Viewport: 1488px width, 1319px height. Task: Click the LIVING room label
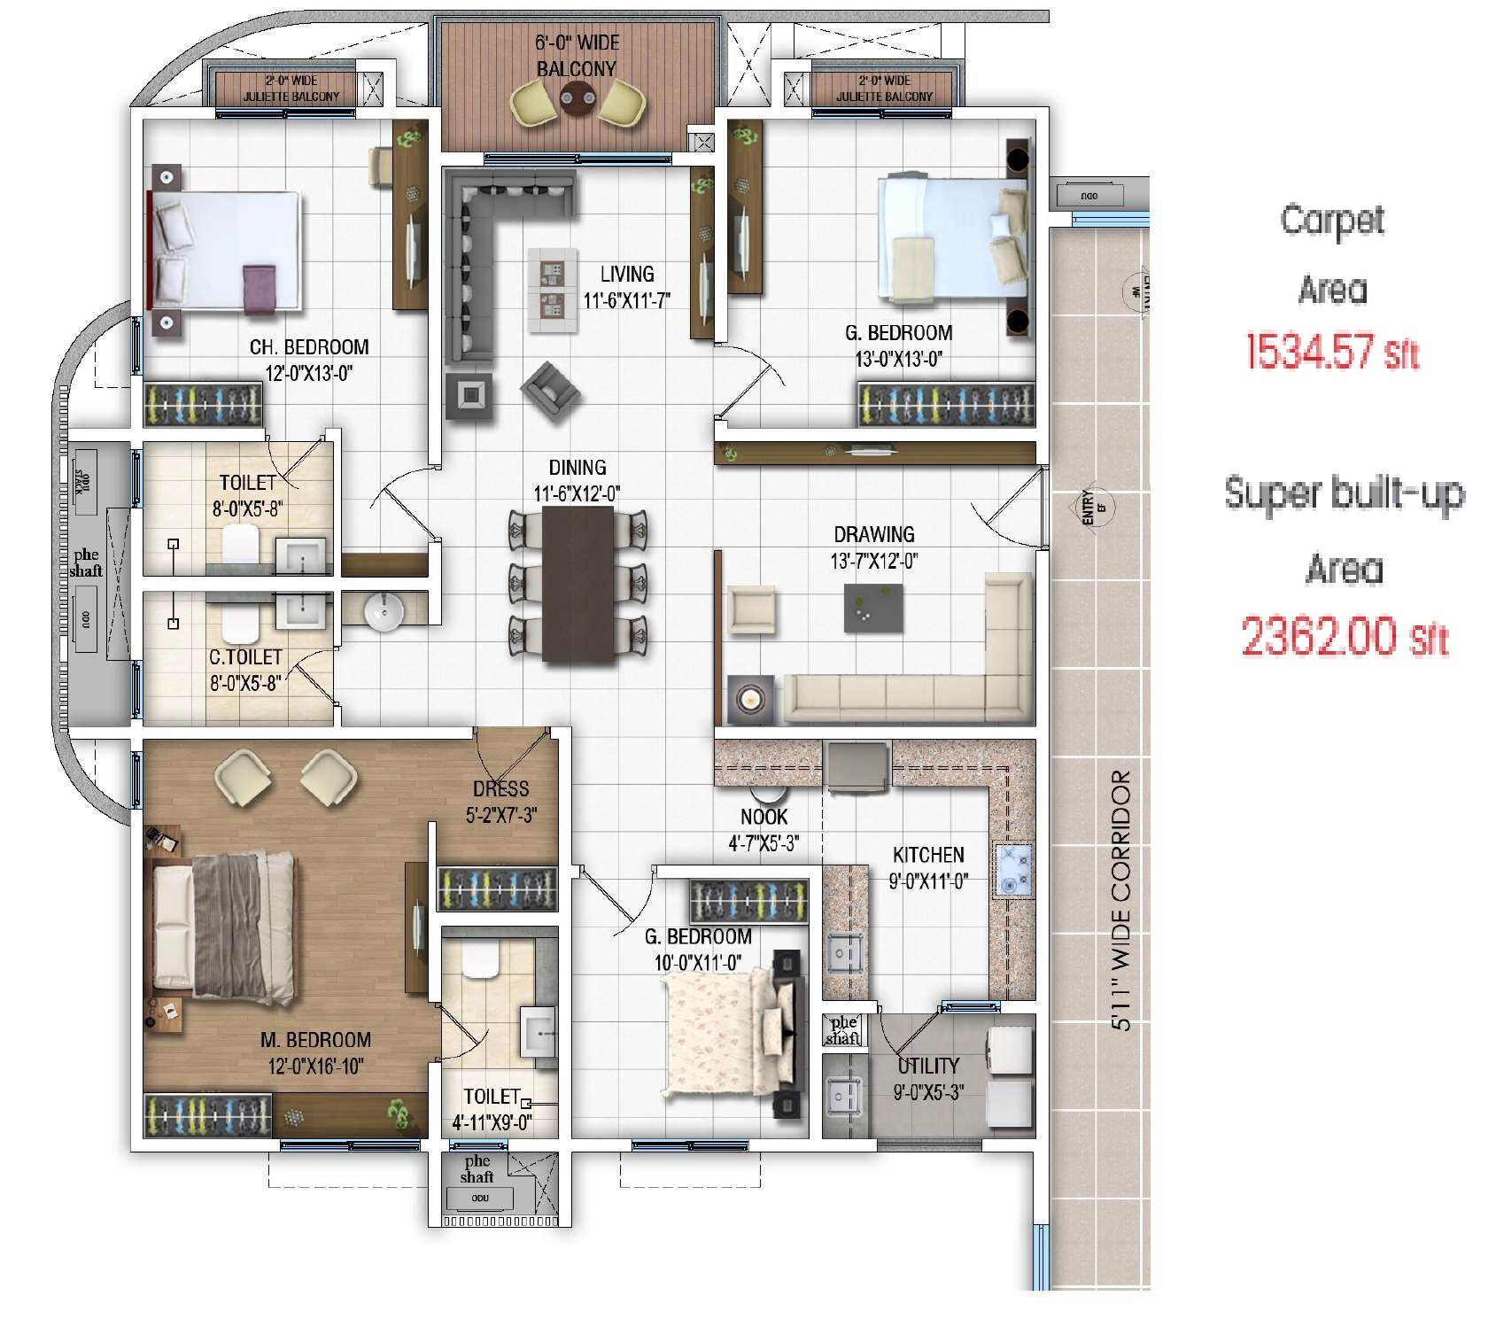tap(626, 274)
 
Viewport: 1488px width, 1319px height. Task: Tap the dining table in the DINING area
tap(578, 585)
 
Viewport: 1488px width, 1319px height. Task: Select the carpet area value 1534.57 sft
tap(1332, 352)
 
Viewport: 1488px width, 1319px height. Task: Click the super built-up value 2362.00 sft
tap(1344, 636)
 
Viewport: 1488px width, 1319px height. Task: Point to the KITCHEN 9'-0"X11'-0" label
tap(928, 867)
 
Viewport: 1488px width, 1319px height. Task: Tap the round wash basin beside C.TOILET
tap(384, 611)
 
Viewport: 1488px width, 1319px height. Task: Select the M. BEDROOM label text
tap(315, 1040)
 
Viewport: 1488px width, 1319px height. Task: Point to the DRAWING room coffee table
tap(873, 608)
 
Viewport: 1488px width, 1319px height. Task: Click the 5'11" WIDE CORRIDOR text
tap(1121, 899)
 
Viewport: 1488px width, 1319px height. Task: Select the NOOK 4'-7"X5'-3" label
tap(763, 829)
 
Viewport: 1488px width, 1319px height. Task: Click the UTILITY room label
tap(927, 1066)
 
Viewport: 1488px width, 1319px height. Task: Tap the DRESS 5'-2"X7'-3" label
tap(500, 801)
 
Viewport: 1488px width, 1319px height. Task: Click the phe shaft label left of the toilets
tap(87, 563)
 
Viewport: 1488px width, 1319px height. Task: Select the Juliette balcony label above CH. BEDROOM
tap(291, 89)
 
